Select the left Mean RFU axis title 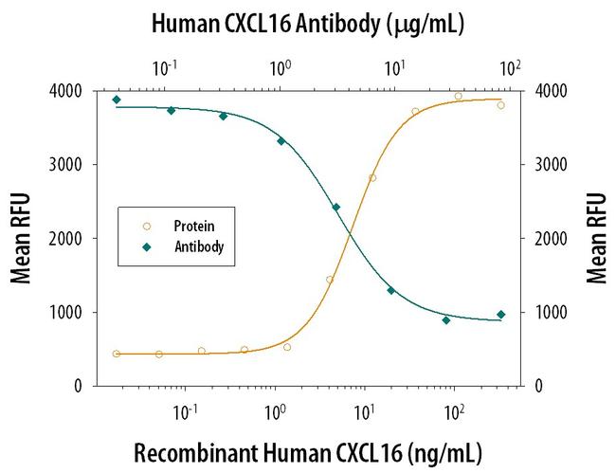[x=20, y=238]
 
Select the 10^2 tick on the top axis [x=510, y=68]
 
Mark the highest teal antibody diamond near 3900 [x=117, y=100]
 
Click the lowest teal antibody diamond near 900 [x=445, y=320]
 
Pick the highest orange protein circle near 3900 [x=459, y=96]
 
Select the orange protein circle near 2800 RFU [x=372, y=178]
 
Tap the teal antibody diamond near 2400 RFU [x=336, y=207]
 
